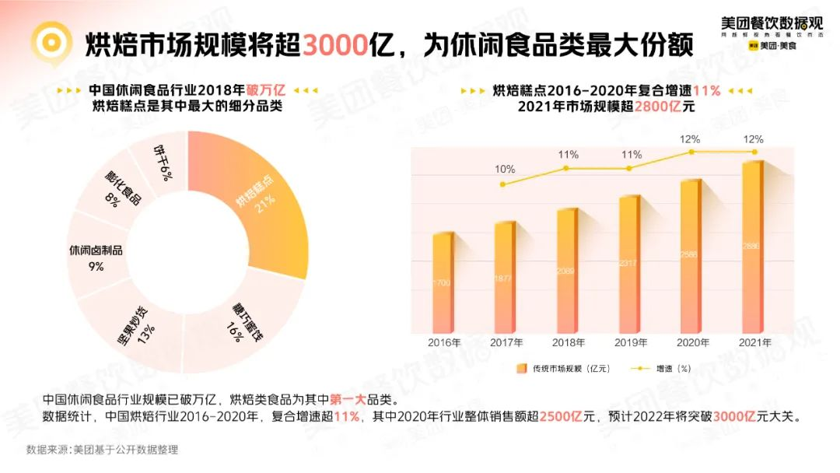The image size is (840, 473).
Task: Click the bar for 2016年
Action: coord(443,284)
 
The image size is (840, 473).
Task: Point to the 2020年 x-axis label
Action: coord(691,343)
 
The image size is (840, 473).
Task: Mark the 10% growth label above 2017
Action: coord(505,169)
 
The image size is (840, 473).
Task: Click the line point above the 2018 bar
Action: coord(567,168)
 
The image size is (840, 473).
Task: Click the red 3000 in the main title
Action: coord(334,44)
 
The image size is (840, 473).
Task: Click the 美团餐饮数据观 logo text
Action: coord(771,23)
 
